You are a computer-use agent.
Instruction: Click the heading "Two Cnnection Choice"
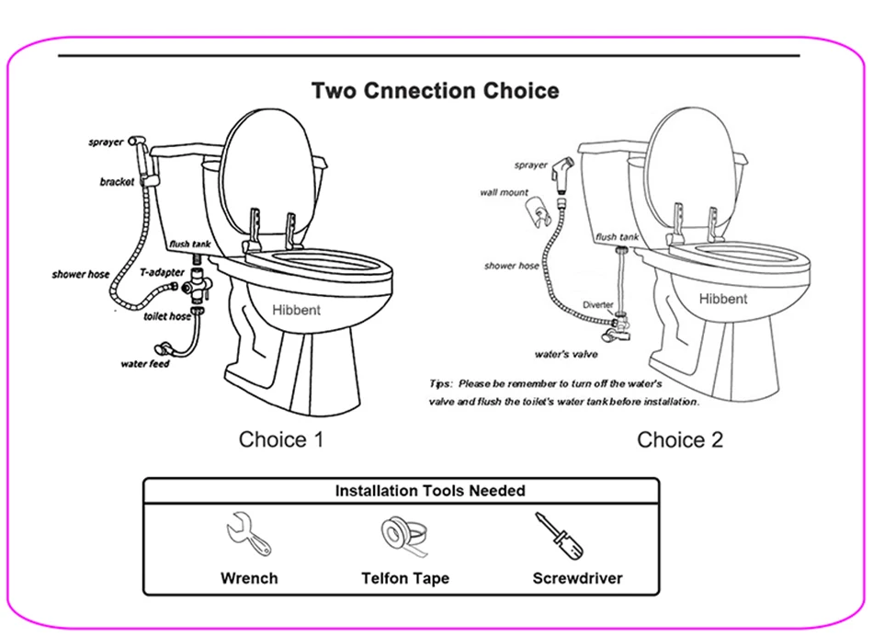click(435, 91)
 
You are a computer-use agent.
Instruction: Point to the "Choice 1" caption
click(281, 439)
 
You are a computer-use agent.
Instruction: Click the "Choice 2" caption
click(680, 440)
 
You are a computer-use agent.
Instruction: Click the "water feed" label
click(145, 364)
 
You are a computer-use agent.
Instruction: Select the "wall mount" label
click(504, 193)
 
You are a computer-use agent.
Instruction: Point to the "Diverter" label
click(598, 305)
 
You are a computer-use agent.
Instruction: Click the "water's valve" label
click(566, 354)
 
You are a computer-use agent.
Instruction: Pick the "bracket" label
click(117, 182)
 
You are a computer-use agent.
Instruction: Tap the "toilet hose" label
click(166, 316)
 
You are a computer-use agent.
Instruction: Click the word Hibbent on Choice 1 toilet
click(297, 311)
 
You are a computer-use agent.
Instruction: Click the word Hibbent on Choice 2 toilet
click(723, 299)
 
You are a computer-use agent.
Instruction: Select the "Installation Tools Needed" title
click(430, 491)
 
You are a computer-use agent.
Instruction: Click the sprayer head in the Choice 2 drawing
click(561, 171)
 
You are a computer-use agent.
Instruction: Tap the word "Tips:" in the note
click(441, 382)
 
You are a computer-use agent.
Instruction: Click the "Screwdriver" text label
click(577, 578)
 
